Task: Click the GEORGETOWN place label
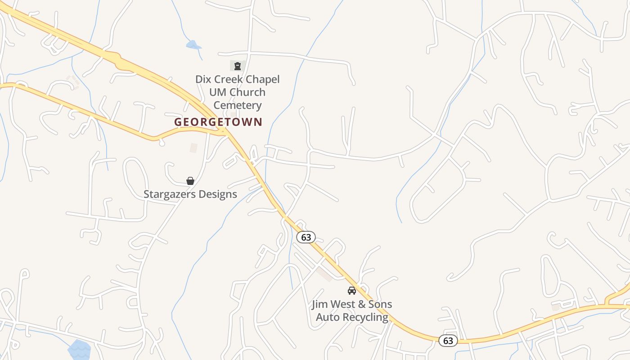[218, 122]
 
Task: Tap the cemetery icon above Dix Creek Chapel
[237, 66]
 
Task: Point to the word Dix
[202, 80]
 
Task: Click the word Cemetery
[237, 105]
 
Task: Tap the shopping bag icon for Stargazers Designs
[190, 181]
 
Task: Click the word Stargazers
[169, 194]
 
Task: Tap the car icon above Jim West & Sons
[352, 291]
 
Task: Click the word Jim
[320, 304]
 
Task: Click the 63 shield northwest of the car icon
[306, 237]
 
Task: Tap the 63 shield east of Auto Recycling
[448, 341]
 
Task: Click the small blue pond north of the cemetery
[193, 45]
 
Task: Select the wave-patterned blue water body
[79, 350]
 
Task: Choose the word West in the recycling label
[345, 304]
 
